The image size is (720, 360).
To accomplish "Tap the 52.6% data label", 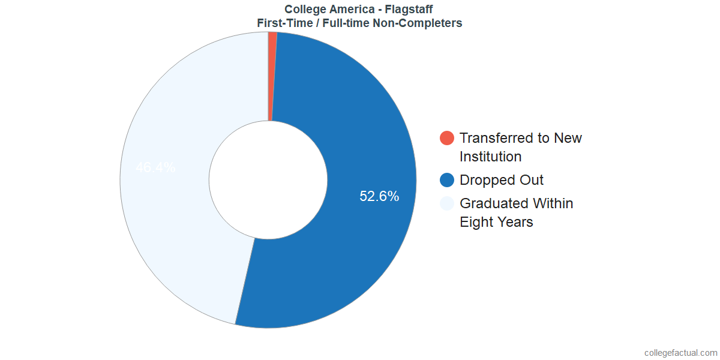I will point(379,196).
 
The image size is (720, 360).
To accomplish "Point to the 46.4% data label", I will point(155,167).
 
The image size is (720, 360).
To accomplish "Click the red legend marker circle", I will point(447,138).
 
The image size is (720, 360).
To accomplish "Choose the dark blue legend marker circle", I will point(447,180).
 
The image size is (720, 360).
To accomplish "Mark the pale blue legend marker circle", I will point(447,203).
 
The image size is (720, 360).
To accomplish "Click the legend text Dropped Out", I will point(502,180).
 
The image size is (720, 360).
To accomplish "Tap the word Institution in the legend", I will point(490,157).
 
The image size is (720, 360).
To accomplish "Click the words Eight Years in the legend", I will point(496,222).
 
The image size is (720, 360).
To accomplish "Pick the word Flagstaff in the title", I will point(408,9).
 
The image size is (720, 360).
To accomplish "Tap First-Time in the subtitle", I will point(283,23).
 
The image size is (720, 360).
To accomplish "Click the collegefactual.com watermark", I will point(680,353).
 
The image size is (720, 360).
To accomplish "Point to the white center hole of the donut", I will point(268,180).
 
